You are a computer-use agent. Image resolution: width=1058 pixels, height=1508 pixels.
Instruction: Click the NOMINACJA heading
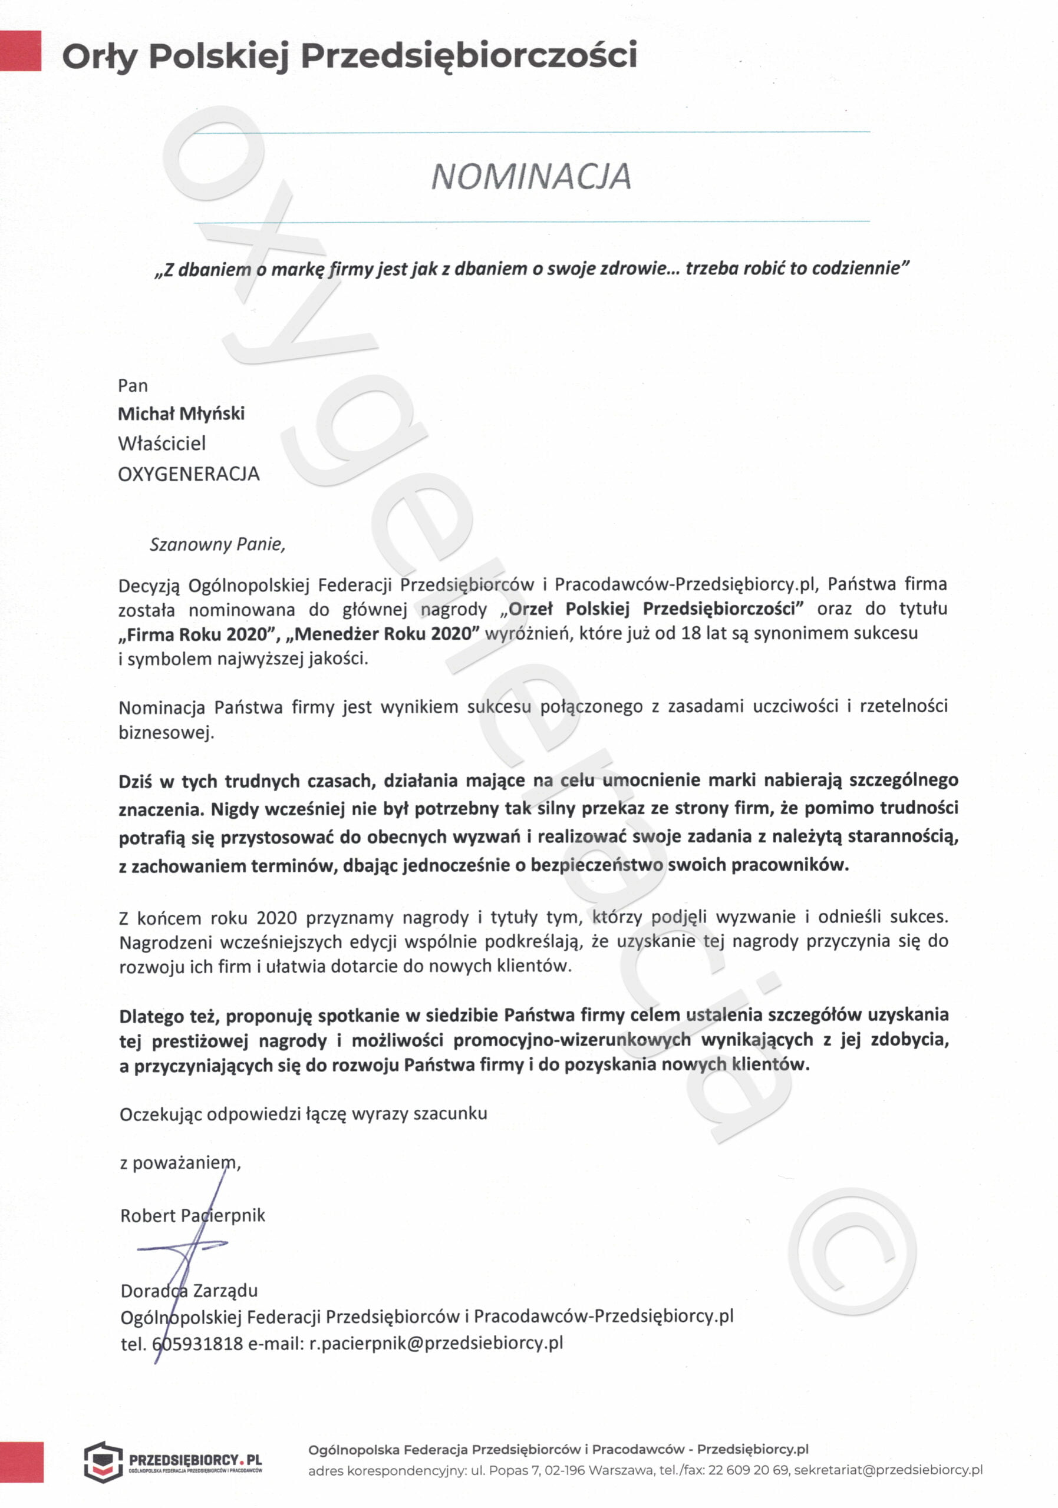coord(530,177)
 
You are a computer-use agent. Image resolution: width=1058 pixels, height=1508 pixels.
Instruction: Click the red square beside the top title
coord(21,50)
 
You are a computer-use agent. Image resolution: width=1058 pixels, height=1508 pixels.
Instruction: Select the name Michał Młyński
coord(181,414)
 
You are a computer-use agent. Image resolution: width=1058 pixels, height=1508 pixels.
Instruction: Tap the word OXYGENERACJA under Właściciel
coord(189,474)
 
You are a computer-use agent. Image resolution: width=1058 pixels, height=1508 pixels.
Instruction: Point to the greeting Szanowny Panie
coord(217,544)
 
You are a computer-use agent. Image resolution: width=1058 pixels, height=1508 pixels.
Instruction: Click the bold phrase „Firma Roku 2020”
coord(196,634)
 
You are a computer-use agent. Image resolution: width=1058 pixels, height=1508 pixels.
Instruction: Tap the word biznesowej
coord(166,732)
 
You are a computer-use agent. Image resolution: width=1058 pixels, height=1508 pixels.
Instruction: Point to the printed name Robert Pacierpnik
coord(193,1216)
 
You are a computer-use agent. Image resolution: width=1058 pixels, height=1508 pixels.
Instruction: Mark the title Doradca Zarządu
coord(189,1291)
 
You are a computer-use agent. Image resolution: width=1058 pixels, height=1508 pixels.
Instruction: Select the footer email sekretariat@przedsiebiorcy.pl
coord(888,1470)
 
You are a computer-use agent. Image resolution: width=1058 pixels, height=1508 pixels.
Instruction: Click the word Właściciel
coord(161,444)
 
